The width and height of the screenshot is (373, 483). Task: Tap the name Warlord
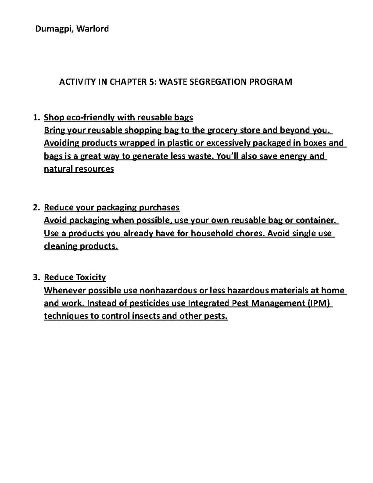point(93,29)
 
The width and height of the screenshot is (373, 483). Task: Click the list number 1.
point(36,118)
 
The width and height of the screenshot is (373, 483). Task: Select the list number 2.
point(36,207)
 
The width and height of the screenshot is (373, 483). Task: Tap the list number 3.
point(36,277)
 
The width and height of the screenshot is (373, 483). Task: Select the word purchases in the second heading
point(159,207)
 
